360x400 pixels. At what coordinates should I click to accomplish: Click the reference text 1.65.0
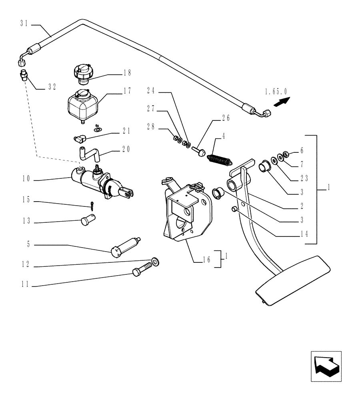point(276,92)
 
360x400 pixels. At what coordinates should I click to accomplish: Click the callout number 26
point(226,118)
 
